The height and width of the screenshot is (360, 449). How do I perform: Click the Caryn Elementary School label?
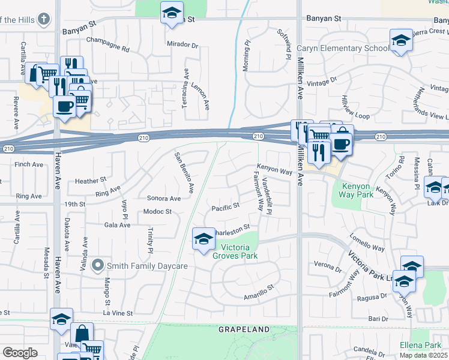(x=343, y=49)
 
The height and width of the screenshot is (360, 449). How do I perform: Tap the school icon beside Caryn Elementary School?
(x=401, y=41)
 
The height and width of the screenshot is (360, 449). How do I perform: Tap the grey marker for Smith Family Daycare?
(x=97, y=265)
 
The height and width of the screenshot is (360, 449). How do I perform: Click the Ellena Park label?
(x=420, y=345)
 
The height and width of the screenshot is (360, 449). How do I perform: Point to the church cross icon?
(x=43, y=19)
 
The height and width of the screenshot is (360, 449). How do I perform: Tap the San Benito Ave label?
(x=184, y=173)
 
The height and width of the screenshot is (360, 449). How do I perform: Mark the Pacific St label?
(x=226, y=207)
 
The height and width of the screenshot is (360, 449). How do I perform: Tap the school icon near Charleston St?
(x=203, y=239)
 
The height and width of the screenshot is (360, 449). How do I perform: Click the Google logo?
(x=20, y=353)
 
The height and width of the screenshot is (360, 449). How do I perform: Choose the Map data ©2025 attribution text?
(x=423, y=355)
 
